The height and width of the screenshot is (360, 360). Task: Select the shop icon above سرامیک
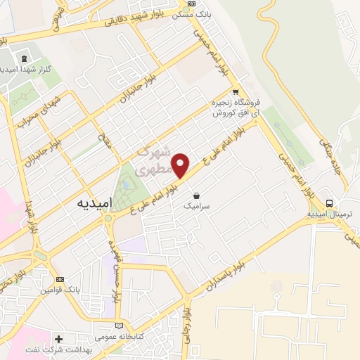[x=195, y=195]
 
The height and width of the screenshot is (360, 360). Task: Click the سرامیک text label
[x=195, y=207]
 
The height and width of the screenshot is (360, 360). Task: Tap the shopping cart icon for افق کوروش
[x=236, y=91]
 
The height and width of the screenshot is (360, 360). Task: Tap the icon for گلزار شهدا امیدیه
[x=25, y=58]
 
